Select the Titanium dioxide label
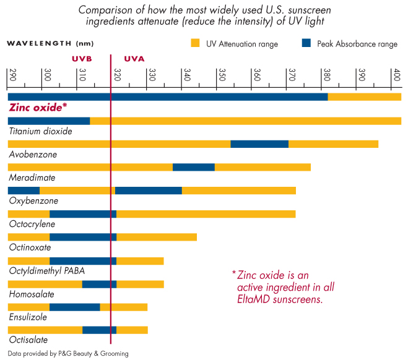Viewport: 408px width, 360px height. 41,131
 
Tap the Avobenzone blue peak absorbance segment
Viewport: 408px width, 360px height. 259,144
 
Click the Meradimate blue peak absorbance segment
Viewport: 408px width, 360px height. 194,167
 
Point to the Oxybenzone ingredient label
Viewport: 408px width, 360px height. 33,201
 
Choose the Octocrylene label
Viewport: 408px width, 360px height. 32,224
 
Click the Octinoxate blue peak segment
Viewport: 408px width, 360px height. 83,237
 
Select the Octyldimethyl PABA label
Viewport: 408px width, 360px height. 47,270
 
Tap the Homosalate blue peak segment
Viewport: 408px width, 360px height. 99,284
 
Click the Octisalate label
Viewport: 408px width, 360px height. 28,340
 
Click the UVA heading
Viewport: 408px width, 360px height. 134,59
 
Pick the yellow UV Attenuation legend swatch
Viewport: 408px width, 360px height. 196,43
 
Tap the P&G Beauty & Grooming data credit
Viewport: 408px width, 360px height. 69,354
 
